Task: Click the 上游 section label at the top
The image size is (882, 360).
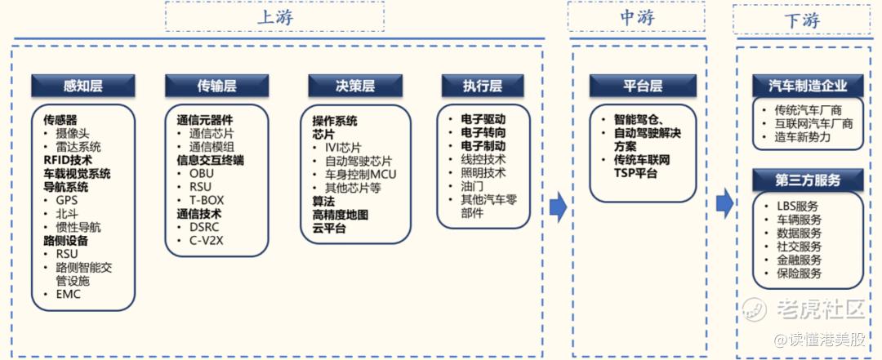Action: [275, 17]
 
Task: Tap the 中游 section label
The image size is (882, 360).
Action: [637, 17]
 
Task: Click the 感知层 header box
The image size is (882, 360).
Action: [83, 86]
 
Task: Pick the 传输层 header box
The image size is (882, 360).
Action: [216, 86]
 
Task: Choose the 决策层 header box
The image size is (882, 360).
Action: [355, 86]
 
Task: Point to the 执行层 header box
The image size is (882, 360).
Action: [483, 86]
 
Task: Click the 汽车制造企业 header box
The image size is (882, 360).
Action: [808, 86]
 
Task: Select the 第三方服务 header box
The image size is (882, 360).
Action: [808, 179]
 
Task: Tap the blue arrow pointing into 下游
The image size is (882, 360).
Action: [724, 204]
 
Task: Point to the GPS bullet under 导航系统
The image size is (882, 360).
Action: [67, 200]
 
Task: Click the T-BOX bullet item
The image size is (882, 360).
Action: [206, 200]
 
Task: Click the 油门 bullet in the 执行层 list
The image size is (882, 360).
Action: [472, 186]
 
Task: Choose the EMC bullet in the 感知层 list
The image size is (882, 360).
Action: [69, 294]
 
